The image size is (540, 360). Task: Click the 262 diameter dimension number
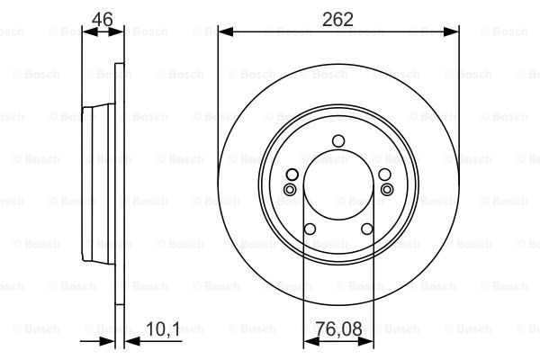(x=337, y=19)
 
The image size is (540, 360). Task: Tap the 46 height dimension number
(x=103, y=19)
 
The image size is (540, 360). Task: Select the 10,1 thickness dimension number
(x=163, y=329)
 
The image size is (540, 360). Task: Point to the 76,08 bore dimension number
(x=338, y=328)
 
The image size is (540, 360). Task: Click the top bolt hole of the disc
(x=338, y=141)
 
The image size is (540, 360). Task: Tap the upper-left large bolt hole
(x=292, y=175)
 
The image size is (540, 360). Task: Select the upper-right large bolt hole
(x=384, y=175)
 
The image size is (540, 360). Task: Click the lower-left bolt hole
(x=310, y=229)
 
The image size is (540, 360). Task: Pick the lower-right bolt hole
(x=367, y=229)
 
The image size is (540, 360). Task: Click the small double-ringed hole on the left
(x=290, y=190)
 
